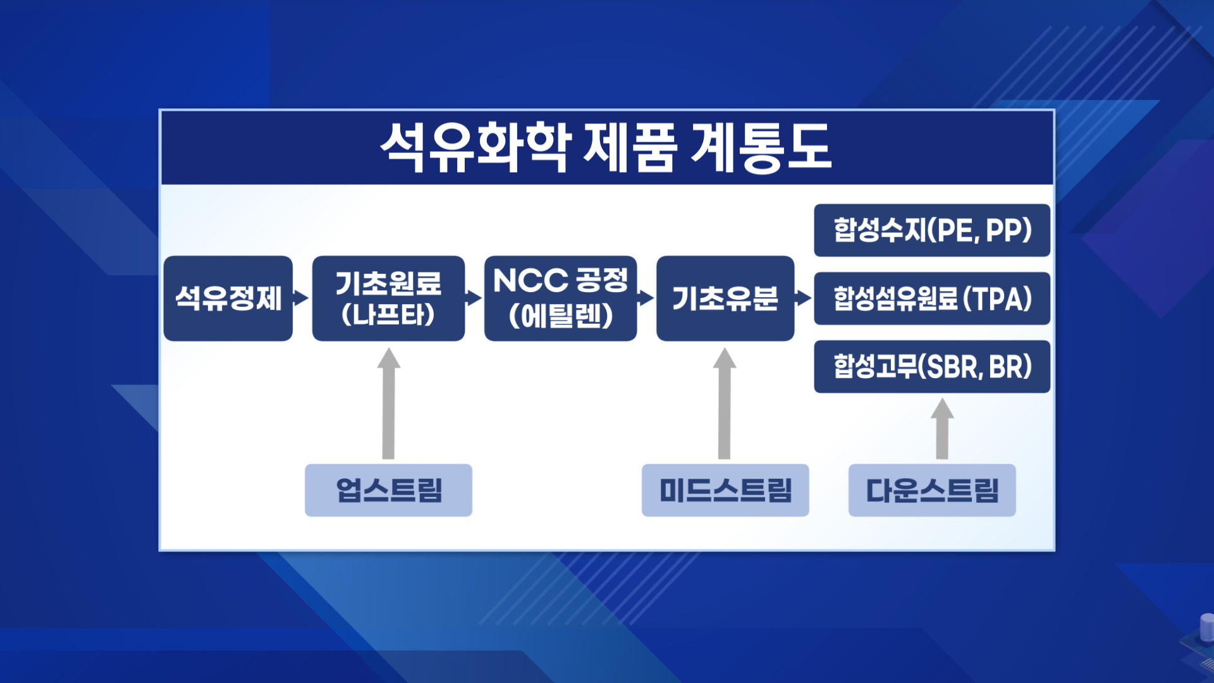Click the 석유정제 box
coord(228,298)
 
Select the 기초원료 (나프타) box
coord(388,298)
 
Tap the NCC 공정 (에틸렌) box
coord(560,298)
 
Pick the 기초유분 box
coord(725,298)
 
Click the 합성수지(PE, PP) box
coord(932,230)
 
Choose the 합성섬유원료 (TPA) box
coord(932,298)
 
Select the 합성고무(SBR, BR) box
coord(932,367)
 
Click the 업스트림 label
coord(388,490)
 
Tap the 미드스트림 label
coord(725,490)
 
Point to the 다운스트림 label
coord(932,490)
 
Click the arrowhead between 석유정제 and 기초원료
coord(302,298)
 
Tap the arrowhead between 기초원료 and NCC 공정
coord(474,298)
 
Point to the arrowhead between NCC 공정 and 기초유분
coord(646,298)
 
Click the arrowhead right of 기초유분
coord(804,298)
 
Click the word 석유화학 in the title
coord(476,148)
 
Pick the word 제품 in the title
coord(630,148)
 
